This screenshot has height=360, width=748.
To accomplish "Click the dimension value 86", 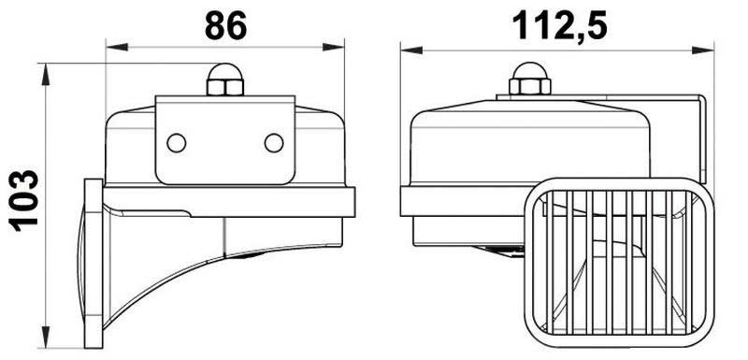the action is pos(225,25).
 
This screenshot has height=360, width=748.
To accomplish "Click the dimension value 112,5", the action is pos(559,26).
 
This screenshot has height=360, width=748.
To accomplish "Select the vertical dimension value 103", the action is pos(24,201).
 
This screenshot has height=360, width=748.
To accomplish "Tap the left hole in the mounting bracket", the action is pos(177,143).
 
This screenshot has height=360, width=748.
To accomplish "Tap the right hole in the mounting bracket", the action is pos(274,143).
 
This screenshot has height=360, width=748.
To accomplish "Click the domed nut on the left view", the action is pos(225,79).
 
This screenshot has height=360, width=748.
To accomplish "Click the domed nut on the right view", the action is pos(529,79).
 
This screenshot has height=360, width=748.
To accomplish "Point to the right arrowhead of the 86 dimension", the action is pos(333,47).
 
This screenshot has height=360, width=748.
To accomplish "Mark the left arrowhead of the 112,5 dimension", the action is pos(411,50).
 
